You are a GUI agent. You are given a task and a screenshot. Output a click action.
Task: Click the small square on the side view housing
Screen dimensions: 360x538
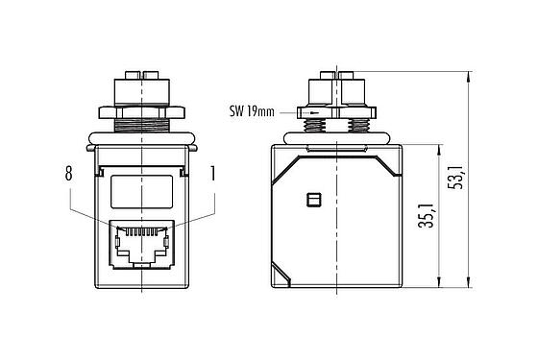pyautogui.click(x=309, y=200)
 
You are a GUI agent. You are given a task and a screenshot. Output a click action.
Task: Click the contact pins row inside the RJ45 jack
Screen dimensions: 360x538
pyautogui.click(x=140, y=230)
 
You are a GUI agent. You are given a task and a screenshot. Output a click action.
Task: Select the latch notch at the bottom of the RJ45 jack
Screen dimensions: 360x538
pyautogui.click(x=140, y=262)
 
